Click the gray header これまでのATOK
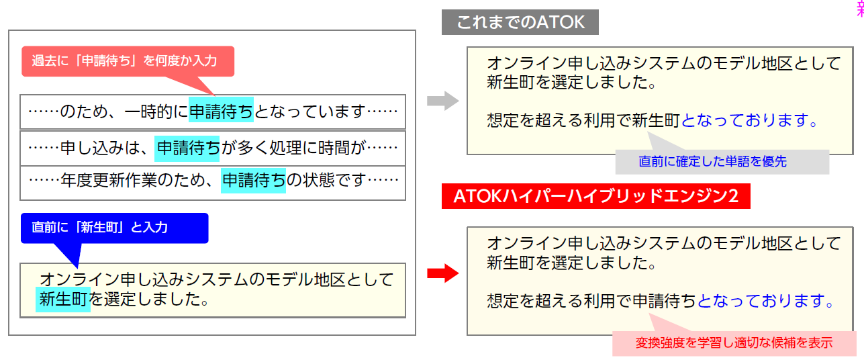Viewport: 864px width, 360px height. (x=520, y=23)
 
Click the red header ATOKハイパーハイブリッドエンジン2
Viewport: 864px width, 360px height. (x=595, y=196)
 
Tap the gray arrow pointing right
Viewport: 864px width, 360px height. (x=442, y=102)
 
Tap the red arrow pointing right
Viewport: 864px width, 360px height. (x=442, y=273)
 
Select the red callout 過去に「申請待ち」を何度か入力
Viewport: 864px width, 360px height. (x=128, y=61)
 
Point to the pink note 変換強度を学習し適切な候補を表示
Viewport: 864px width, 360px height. (x=734, y=343)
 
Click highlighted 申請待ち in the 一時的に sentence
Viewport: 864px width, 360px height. (x=221, y=111)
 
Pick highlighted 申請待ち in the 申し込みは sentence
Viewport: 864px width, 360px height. (x=187, y=146)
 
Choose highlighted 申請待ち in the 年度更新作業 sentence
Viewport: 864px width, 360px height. (x=253, y=180)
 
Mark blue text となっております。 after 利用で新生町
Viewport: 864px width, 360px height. (x=750, y=121)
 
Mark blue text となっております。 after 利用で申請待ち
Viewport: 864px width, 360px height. (x=766, y=302)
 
